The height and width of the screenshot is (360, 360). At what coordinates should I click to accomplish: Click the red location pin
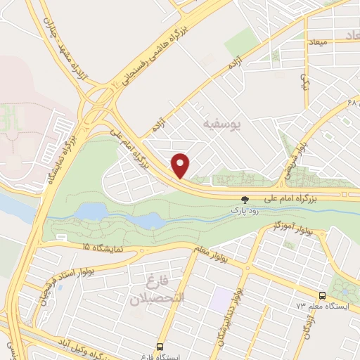181,165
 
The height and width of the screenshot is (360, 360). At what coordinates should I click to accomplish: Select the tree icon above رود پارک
245,200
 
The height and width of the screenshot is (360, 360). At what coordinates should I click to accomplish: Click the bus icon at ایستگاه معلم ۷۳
323,296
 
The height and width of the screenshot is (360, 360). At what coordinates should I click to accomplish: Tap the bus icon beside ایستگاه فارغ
160,347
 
